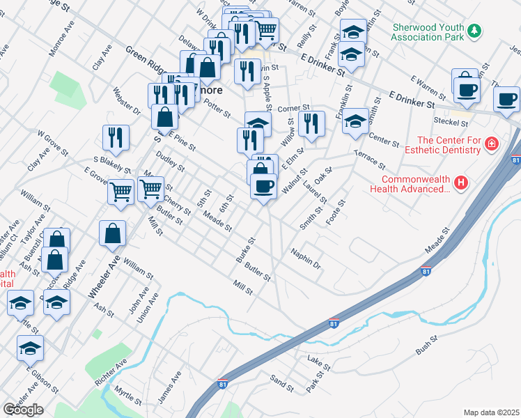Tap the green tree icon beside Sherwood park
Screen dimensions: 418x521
click(474, 30)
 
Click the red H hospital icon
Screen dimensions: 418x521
click(460, 183)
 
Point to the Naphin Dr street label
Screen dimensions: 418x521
click(306, 259)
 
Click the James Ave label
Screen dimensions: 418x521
click(169, 386)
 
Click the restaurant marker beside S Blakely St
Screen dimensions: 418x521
click(114, 137)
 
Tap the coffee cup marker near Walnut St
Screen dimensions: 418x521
click(263, 187)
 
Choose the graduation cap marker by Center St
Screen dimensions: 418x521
click(355, 123)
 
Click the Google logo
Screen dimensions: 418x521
click(23, 410)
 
